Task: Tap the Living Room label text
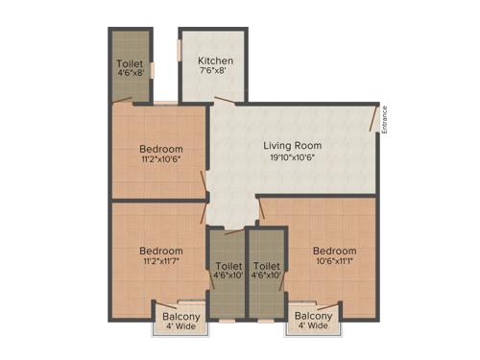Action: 293,146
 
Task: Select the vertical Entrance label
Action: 385,119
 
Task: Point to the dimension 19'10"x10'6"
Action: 293,157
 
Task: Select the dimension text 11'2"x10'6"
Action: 160,160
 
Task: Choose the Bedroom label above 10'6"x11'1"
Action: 334,252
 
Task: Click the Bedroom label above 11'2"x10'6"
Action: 160,149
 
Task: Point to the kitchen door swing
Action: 224,99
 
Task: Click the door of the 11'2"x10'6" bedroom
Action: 204,183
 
